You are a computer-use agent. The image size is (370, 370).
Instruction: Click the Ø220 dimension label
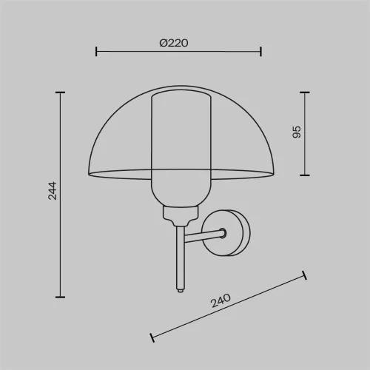click(x=174, y=43)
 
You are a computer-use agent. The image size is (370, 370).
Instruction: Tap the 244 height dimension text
click(x=53, y=191)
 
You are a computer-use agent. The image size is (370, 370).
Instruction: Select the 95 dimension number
click(x=297, y=132)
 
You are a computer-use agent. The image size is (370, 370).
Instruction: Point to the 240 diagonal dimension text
click(x=221, y=300)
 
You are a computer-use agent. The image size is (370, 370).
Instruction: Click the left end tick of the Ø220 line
click(x=96, y=51)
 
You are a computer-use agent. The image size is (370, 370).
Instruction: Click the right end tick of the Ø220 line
click(x=260, y=51)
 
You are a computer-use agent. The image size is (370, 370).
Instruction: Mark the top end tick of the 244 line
click(x=61, y=92)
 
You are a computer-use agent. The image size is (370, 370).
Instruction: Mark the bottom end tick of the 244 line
click(x=61, y=297)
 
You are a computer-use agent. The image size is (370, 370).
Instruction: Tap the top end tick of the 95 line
click(x=305, y=92)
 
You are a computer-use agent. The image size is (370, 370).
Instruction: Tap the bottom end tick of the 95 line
click(x=305, y=175)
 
